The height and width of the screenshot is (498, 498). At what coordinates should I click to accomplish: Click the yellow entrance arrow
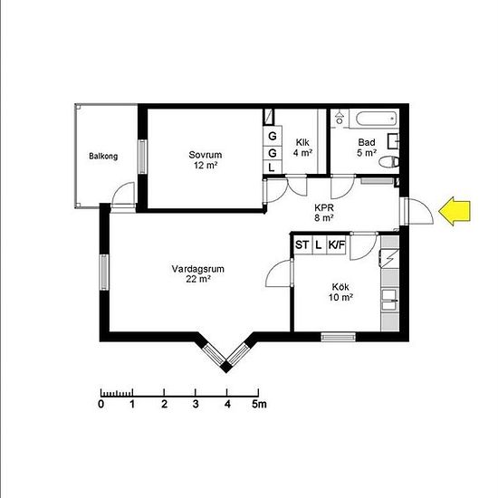(455, 211)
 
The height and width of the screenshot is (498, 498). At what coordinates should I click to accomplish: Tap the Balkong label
(103, 157)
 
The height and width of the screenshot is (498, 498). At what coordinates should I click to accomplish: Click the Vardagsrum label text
(198, 269)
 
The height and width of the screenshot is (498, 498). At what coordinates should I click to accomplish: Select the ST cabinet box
(302, 244)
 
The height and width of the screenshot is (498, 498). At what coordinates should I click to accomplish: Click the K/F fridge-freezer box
(336, 244)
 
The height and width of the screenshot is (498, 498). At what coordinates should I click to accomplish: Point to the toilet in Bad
(389, 162)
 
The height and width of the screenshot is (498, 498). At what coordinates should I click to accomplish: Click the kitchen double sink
(389, 300)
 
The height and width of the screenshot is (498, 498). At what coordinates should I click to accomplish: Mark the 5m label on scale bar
(259, 405)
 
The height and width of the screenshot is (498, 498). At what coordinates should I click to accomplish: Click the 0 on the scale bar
(101, 405)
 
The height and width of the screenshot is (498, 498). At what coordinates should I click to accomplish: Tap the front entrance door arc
(424, 207)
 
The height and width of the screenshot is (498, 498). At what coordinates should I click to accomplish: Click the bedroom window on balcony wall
(142, 157)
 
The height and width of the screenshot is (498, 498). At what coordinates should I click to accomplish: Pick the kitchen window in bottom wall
(338, 337)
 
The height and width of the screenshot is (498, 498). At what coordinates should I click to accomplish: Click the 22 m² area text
(199, 279)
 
